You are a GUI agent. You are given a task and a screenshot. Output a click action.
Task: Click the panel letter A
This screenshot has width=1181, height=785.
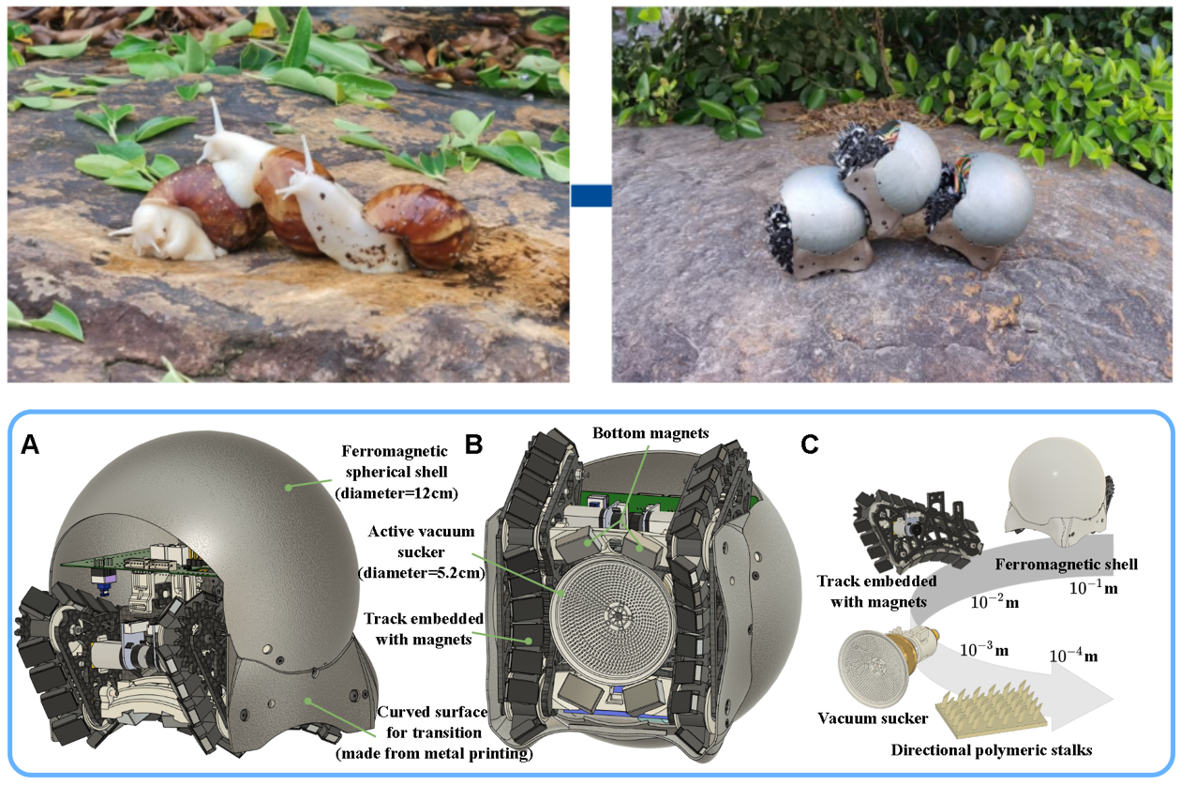[30, 445]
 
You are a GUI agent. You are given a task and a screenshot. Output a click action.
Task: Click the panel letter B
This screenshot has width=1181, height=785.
[474, 445]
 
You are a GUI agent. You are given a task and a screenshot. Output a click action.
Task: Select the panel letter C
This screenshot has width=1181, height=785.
[809, 445]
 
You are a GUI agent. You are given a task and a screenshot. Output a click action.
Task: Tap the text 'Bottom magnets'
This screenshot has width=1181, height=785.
[650, 433]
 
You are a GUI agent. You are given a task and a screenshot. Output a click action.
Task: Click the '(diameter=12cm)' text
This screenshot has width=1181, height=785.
[396, 493]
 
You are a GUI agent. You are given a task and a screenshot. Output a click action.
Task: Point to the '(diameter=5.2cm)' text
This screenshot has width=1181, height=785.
[422, 573]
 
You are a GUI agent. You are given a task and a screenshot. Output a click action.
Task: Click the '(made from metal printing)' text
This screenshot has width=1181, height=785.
[435, 753]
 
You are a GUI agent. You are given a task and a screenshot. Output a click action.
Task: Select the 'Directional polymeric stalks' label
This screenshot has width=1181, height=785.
[992, 749]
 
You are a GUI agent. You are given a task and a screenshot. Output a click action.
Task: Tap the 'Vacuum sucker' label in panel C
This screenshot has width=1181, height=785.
[873, 718]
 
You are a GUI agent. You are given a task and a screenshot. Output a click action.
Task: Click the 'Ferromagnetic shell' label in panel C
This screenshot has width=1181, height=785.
[1066, 565]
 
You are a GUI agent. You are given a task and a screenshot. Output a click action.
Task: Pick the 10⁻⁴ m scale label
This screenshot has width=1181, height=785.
[1073, 656]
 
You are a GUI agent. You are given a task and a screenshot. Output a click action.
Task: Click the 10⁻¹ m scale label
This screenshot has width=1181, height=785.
[1094, 588]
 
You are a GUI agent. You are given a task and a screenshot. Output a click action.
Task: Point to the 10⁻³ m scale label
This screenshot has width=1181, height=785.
[984, 649]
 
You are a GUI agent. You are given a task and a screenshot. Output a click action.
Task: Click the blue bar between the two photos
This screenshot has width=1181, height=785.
[590, 195]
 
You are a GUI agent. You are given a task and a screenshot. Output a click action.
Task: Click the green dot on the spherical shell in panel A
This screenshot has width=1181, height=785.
[289, 488]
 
